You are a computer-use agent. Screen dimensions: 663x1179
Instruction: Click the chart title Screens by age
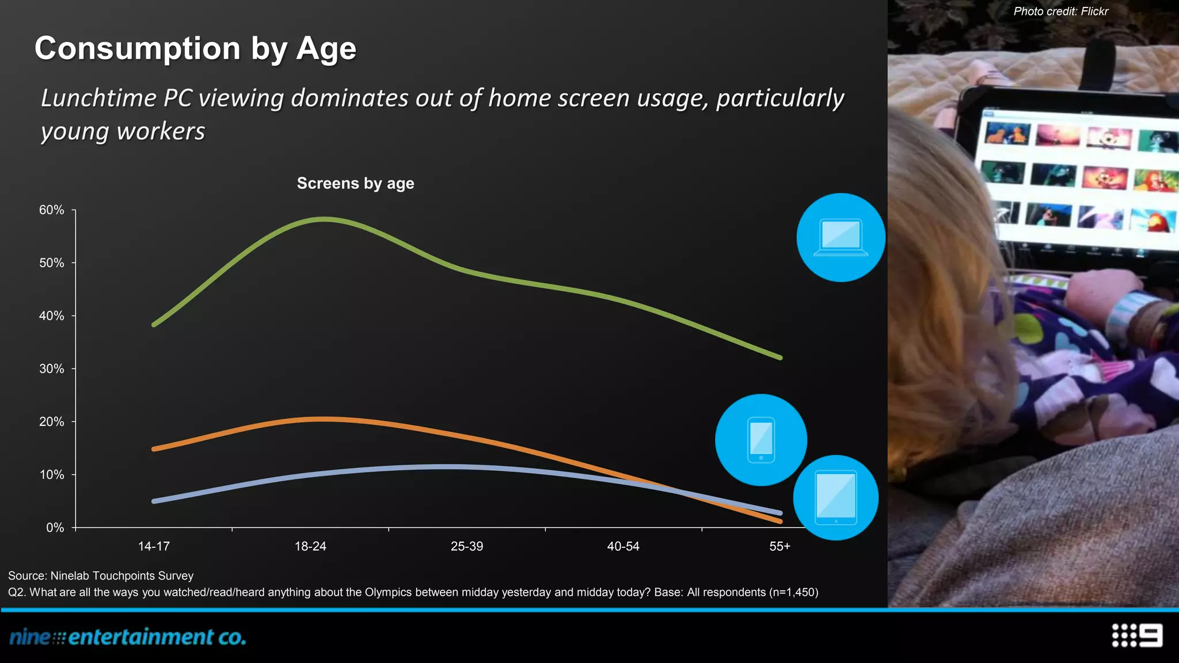coord(355,183)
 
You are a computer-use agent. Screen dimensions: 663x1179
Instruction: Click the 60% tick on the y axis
coord(52,210)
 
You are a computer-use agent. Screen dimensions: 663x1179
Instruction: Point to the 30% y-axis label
coord(52,369)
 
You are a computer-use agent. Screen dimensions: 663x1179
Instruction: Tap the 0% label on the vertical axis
coord(55,528)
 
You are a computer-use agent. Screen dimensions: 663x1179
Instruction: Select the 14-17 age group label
coord(154,546)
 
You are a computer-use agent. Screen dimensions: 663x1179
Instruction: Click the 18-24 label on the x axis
coord(310,546)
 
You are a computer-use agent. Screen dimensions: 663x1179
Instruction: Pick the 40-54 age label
coord(623,546)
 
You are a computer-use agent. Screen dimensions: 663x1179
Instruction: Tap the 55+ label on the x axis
coord(779,546)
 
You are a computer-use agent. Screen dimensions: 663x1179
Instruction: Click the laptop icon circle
coord(840,237)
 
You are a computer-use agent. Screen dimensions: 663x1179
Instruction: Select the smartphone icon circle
coord(760,440)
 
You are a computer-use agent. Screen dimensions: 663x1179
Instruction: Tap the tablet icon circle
coord(835,497)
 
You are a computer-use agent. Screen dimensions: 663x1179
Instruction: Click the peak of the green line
coord(325,219)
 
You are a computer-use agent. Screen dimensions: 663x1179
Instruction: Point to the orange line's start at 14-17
coord(154,449)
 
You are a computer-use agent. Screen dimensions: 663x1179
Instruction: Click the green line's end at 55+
coord(780,357)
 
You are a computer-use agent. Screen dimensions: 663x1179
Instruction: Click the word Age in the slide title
coord(326,48)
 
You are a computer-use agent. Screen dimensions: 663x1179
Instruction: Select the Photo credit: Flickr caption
coord(1060,11)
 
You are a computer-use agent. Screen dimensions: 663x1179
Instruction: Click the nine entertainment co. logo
coord(128,637)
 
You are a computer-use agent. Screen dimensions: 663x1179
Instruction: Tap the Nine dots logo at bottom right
coord(1137,635)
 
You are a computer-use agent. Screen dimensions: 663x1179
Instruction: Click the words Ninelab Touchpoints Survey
coord(121,576)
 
